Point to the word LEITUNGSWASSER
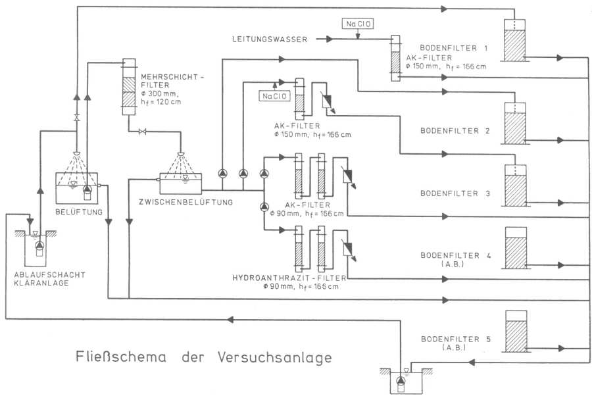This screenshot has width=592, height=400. pyautogui.click(x=270, y=39)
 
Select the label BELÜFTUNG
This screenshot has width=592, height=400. pyautogui.click(x=78, y=212)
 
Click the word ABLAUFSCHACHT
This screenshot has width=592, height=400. pyautogui.click(x=43, y=275)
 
